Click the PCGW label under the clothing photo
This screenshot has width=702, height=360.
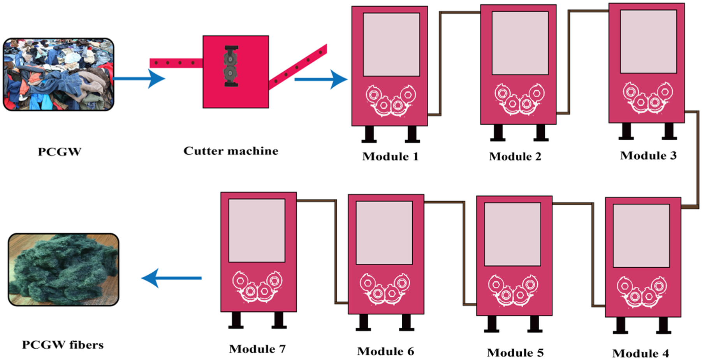59,152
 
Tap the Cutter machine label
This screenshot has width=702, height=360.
231,151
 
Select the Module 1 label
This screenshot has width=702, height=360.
390,156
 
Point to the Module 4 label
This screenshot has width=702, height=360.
640,353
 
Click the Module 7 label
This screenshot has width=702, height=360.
257,349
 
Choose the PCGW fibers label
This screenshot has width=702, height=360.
63,345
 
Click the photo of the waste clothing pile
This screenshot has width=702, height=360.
58,74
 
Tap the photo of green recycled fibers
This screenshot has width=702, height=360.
63,269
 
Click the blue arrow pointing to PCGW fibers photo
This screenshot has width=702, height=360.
171,278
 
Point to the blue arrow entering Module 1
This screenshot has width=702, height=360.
320,79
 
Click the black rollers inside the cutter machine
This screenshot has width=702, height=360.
230,66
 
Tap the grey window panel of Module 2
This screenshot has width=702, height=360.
520,43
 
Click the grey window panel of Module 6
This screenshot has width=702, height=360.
384,233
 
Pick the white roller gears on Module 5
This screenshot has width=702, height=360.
514,291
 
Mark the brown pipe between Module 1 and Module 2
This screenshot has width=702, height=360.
440,62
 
